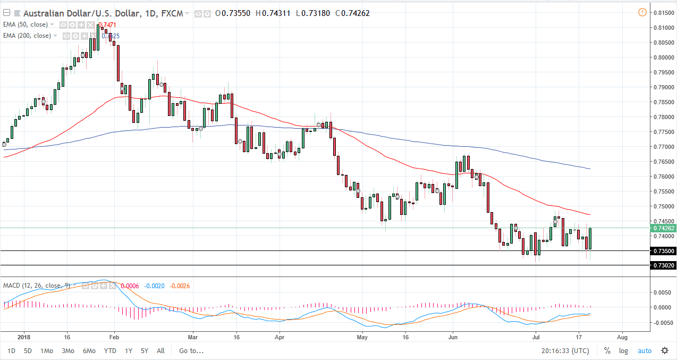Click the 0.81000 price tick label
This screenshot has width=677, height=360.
(663, 27)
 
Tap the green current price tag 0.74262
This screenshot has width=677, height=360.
(663, 228)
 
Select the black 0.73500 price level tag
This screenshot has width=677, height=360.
(663, 251)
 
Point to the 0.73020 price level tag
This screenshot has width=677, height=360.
(663, 265)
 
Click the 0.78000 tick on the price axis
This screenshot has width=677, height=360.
(663, 117)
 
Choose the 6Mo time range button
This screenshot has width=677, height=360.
(89, 351)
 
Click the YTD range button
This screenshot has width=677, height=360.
(110, 351)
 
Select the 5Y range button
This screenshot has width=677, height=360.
(145, 351)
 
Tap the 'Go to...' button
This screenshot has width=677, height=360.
(191, 351)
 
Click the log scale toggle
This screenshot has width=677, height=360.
(623, 351)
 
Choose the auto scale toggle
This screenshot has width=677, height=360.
(644, 351)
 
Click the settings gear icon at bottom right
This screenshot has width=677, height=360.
(665, 350)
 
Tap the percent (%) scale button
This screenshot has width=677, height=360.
(607, 351)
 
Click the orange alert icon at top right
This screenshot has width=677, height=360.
(642, 12)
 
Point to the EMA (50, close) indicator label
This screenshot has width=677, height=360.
(26, 24)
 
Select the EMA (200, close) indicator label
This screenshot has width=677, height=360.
(27, 36)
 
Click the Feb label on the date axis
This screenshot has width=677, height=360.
(114, 337)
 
